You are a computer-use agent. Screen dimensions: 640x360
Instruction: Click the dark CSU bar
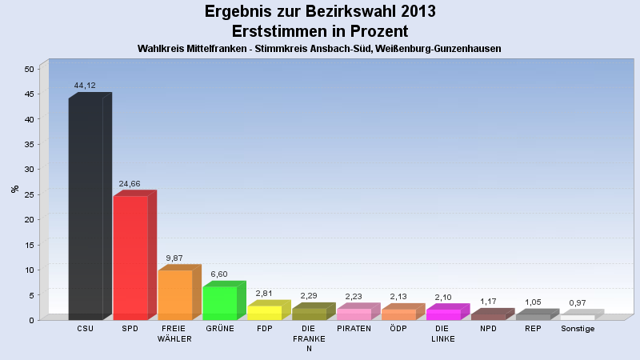click(90, 206)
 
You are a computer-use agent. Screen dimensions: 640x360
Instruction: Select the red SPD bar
click(134, 255)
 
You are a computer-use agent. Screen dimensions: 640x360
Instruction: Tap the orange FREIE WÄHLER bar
click(179, 292)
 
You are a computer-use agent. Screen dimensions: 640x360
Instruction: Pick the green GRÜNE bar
click(224, 301)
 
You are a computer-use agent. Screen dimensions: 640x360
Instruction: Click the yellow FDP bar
click(269, 310)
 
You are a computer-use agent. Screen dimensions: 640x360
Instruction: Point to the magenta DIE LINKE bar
click(448, 312)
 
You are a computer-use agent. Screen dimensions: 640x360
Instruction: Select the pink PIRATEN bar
click(358, 311)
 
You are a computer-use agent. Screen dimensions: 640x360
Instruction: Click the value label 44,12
click(85, 86)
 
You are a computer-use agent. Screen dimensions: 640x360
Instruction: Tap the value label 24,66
click(130, 184)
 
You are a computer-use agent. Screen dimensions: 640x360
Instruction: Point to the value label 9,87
click(174, 258)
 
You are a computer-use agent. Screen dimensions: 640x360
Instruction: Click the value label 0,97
click(578, 303)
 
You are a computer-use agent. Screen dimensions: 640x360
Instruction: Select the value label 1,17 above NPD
click(488, 302)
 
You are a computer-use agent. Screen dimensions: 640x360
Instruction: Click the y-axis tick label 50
click(29, 69)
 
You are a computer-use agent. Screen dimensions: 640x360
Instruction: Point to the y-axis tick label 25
click(29, 194)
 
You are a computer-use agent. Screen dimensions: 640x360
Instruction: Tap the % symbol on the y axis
click(14, 189)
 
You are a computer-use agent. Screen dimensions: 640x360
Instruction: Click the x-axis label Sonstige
click(578, 329)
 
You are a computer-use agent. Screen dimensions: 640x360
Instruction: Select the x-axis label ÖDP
click(398, 329)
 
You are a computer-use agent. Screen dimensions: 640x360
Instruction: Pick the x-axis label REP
click(533, 329)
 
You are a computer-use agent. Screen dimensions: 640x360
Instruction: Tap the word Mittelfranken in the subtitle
click(216, 49)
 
